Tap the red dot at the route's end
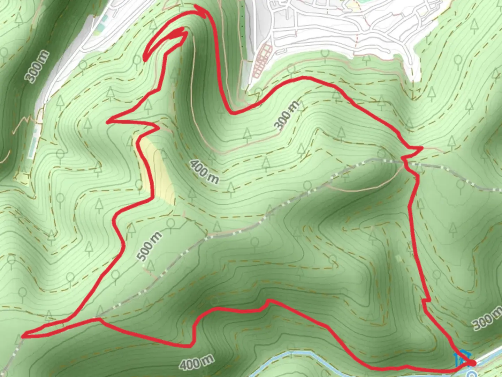[472, 363]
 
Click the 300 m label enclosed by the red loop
[287, 115]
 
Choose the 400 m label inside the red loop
[205, 172]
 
